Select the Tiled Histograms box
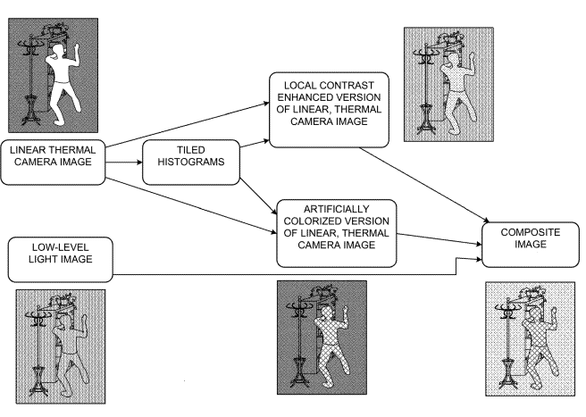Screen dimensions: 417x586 pyautogui.click(x=181, y=162)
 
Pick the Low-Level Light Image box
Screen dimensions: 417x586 pyautogui.click(x=53, y=257)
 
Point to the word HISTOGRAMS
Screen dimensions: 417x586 pyautogui.click(x=181, y=169)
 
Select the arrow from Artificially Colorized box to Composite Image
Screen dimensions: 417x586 pyautogui.click(x=438, y=239)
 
